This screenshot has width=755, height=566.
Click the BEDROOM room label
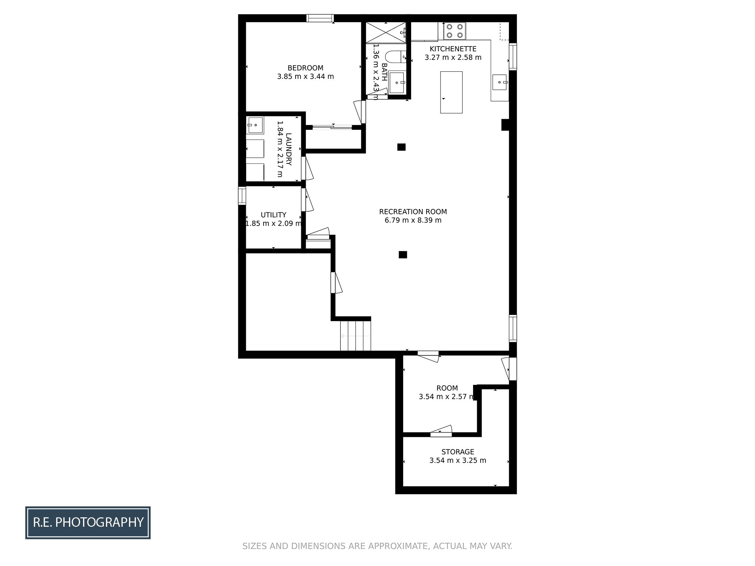tap(305, 68)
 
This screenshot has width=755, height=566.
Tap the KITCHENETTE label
tap(453, 49)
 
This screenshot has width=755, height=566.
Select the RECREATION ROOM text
tap(413, 212)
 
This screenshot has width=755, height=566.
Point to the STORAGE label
tap(458, 452)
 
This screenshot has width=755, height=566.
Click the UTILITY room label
tap(273, 215)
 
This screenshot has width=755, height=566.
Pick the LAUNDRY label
tap(289, 149)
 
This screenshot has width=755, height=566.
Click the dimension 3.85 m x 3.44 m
tap(305, 77)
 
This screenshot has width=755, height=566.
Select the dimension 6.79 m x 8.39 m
tap(413, 220)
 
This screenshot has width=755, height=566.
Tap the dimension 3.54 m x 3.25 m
tap(458, 460)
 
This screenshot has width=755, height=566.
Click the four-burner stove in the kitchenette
tap(455, 31)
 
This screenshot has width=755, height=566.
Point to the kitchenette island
tap(451, 92)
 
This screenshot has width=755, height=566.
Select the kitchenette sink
tap(499, 82)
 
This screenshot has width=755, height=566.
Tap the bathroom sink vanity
tap(397, 82)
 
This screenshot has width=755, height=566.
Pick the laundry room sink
tap(255, 125)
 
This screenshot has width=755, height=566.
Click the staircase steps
tap(356, 336)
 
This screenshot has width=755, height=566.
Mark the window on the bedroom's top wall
tap(320, 18)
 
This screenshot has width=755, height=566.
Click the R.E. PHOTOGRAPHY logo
tap(88, 523)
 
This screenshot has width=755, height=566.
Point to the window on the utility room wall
tap(242, 196)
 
